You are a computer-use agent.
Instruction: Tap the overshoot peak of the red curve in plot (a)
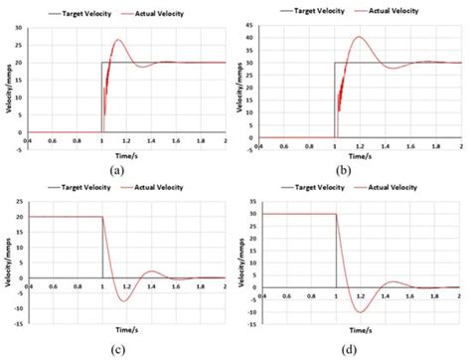pyautogui.click(x=117, y=41)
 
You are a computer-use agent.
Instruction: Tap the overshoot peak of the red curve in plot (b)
pyautogui.click(x=359, y=38)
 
